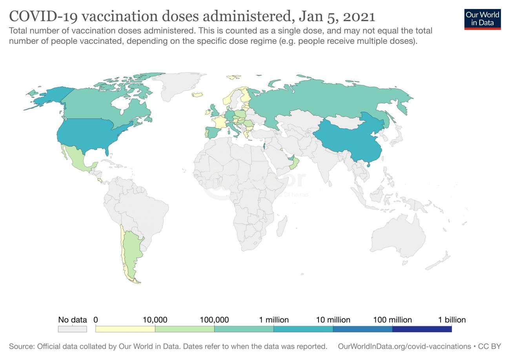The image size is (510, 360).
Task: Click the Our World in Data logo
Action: click(x=482, y=18)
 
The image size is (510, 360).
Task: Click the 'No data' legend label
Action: click(x=72, y=320)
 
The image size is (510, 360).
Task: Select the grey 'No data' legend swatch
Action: click(x=72, y=329)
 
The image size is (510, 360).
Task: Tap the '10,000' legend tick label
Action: click(x=155, y=320)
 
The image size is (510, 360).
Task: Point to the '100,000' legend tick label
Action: click(x=214, y=320)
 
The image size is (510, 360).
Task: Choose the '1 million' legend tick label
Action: click(x=273, y=320)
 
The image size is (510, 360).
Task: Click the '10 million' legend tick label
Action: click(x=333, y=320)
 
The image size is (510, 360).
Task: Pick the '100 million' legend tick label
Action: click(x=392, y=320)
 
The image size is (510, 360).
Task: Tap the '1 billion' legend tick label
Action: click(x=452, y=320)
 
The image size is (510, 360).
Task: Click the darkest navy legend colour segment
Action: click(x=422, y=329)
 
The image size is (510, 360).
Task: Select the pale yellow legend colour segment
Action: click(x=125, y=329)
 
